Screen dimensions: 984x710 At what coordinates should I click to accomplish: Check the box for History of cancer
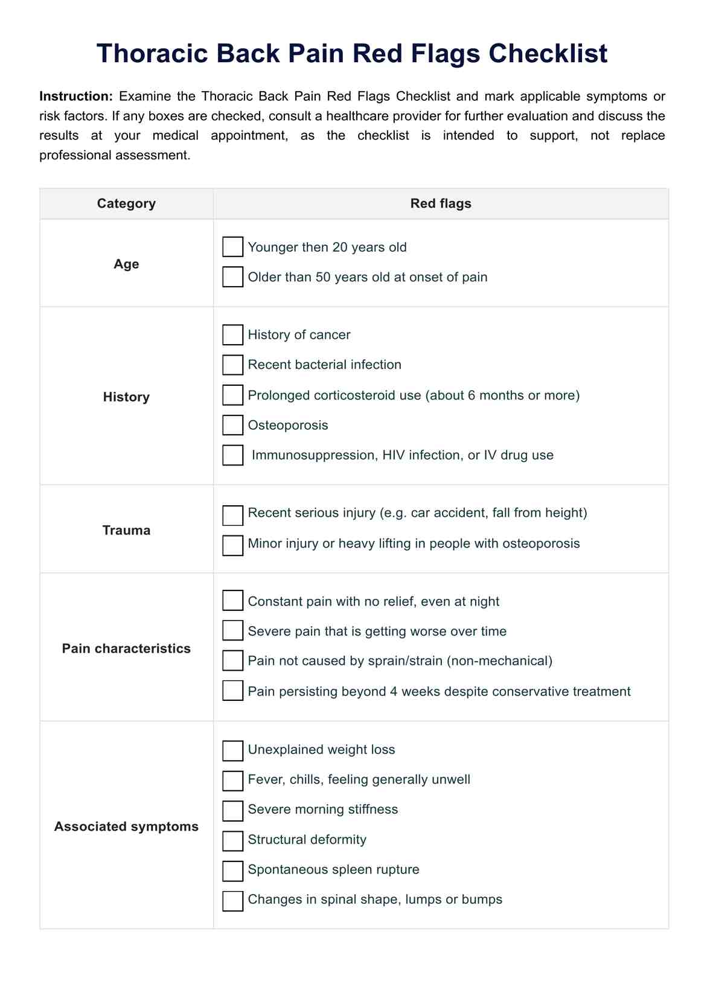coord(232,335)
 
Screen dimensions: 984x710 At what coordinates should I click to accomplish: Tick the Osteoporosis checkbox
coord(232,425)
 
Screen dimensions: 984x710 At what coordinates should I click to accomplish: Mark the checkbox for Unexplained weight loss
coord(232,750)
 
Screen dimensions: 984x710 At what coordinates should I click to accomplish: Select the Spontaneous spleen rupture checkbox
coord(232,871)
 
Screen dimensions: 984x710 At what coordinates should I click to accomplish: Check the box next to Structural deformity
coord(232,840)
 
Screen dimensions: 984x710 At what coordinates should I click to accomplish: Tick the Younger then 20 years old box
coord(232,247)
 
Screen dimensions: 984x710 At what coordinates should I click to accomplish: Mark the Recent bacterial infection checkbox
coord(232,365)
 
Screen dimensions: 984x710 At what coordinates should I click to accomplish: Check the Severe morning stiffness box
coord(232,810)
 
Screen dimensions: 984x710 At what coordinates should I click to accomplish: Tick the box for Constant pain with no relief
coord(232,601)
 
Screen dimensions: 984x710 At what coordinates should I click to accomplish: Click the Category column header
coord(126,203)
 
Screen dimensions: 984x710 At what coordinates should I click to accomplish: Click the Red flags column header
coord(441,203)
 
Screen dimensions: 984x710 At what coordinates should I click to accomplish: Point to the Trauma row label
coord(126,530)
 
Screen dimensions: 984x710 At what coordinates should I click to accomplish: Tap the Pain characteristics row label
coord(126,648)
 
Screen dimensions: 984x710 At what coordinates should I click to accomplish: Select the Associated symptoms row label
coord(126,826)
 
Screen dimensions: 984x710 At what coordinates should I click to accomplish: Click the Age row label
coord(126,264)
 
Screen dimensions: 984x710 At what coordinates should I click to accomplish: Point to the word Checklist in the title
coord(548,54)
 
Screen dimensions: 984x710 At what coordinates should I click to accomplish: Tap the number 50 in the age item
coord(323,277)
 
